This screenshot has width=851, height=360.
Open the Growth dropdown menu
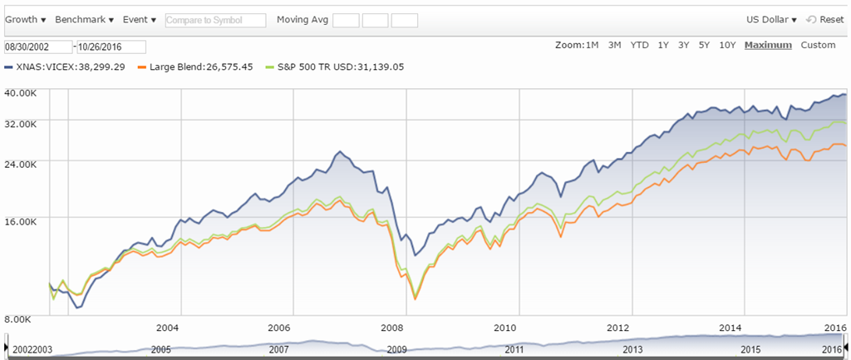click(x=27, y=19)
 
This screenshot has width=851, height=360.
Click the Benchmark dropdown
click(x=84, y=19)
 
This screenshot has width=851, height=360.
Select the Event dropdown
click(x=139, y=19)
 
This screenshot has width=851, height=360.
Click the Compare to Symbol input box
click(x=215, y=20)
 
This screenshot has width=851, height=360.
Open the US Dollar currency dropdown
click(x=771, y=19)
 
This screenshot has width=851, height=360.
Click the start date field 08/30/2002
click(x=38, y=47)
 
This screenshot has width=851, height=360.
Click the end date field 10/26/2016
click(x=111, y=47)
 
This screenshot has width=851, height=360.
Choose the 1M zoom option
click(x=592, y=45)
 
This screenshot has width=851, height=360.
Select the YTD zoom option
click(x=639, y=45)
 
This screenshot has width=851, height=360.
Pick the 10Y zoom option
click(x=727, y=45)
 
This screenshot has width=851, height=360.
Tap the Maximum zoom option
click(x=768, y=45)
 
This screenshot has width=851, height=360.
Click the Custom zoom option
click(x=818, y=45)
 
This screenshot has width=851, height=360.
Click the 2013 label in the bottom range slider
click(x=633, y=349)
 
